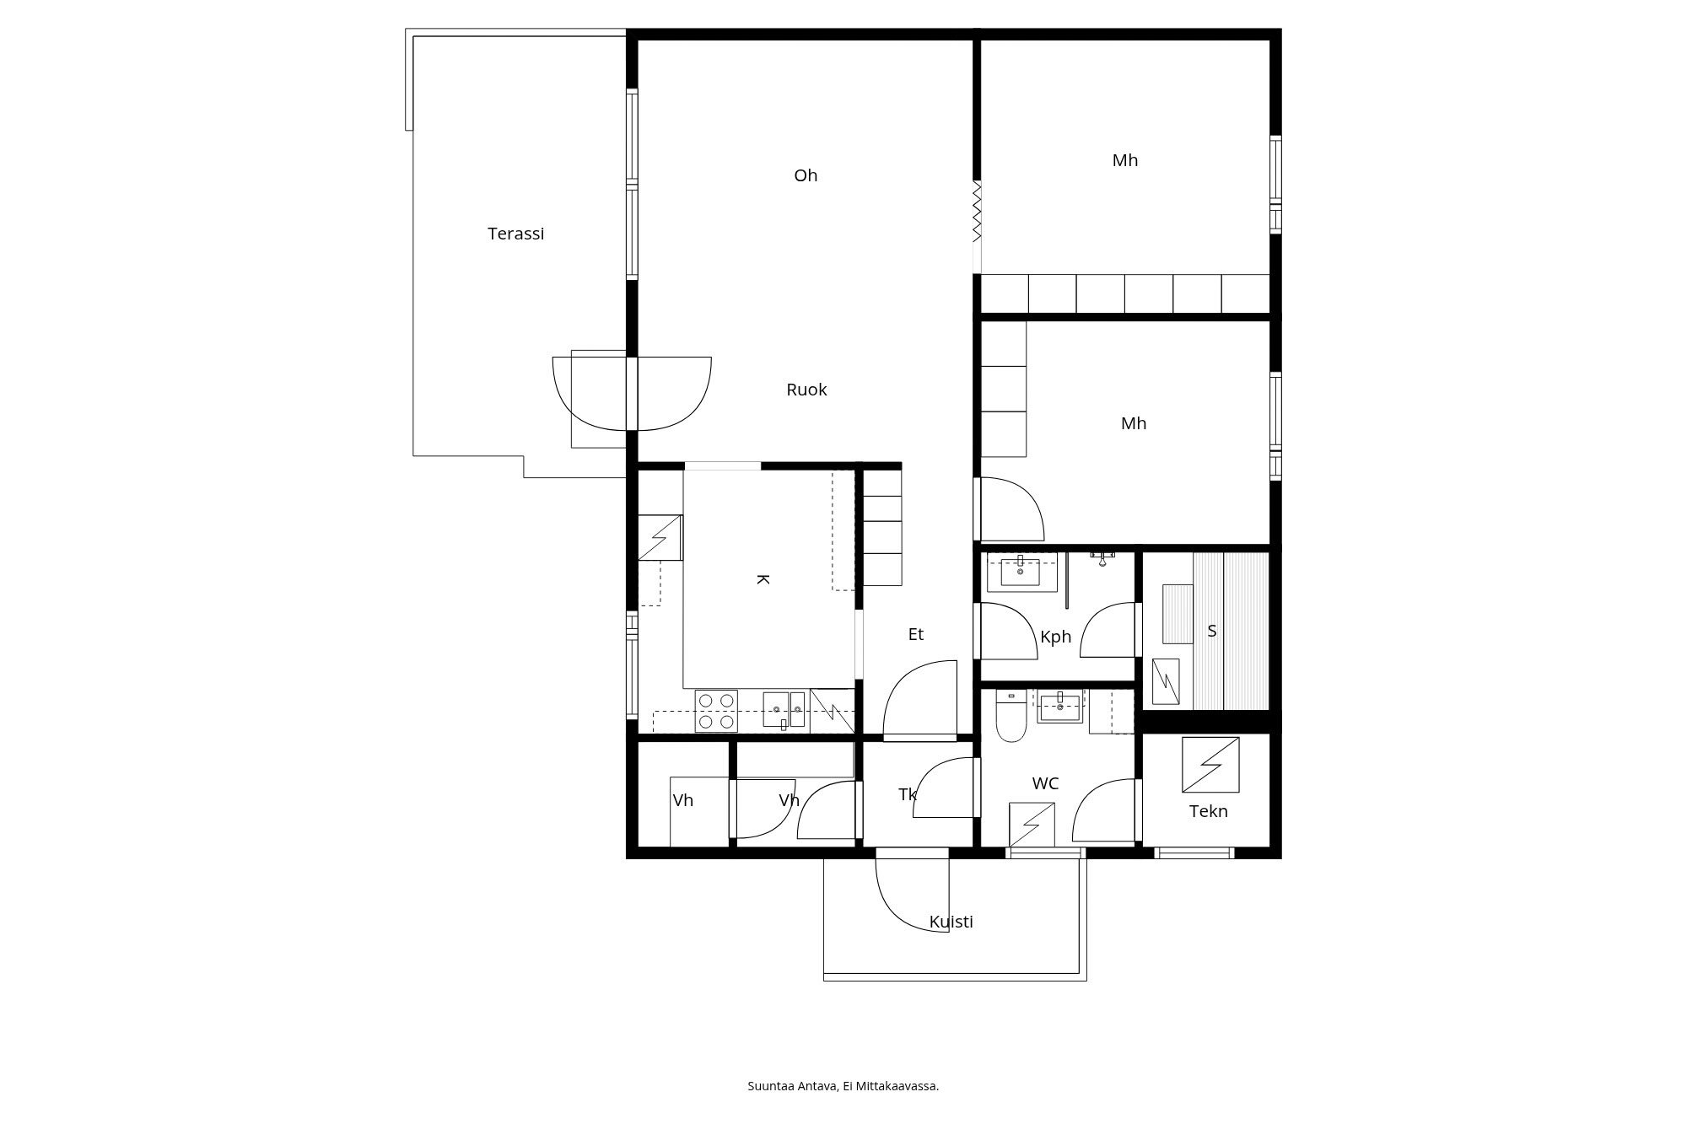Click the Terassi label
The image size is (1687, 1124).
515,234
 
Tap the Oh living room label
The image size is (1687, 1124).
806,175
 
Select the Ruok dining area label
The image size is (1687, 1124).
806,390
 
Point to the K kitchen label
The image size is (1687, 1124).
762,579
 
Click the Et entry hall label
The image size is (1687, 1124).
915,634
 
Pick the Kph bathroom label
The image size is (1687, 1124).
1055,637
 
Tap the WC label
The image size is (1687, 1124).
1045,783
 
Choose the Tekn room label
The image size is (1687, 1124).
1208,811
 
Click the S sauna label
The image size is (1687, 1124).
1212,631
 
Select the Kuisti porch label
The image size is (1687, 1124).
951,922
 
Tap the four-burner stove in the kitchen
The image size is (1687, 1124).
716,711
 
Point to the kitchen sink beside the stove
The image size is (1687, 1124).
784,709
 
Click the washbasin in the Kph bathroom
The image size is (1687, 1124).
1021,572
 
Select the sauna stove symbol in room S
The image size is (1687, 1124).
1166,681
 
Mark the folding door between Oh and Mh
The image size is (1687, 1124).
977,211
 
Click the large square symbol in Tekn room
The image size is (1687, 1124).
1210,765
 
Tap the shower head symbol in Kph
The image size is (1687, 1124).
1102,559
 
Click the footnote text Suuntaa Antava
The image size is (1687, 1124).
843,1086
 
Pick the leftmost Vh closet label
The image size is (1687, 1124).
682,800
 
